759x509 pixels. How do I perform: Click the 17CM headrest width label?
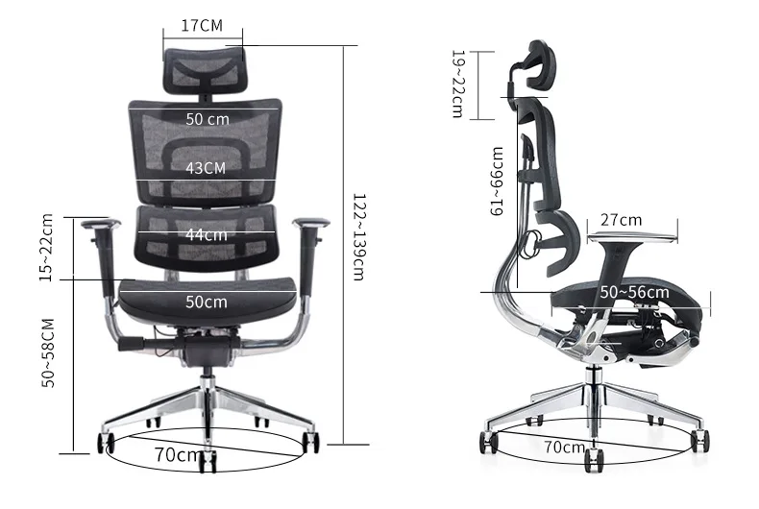202,25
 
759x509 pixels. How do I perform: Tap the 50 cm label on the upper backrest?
208,119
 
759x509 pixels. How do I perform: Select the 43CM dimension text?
206,168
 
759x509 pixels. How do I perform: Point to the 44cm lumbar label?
207,234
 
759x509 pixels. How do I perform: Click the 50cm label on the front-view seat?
207,302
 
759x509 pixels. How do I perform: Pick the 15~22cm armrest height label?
46,248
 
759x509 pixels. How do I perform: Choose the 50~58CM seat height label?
48,352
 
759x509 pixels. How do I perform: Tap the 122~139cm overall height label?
358,237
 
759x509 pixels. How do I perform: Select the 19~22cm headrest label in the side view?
457,85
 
